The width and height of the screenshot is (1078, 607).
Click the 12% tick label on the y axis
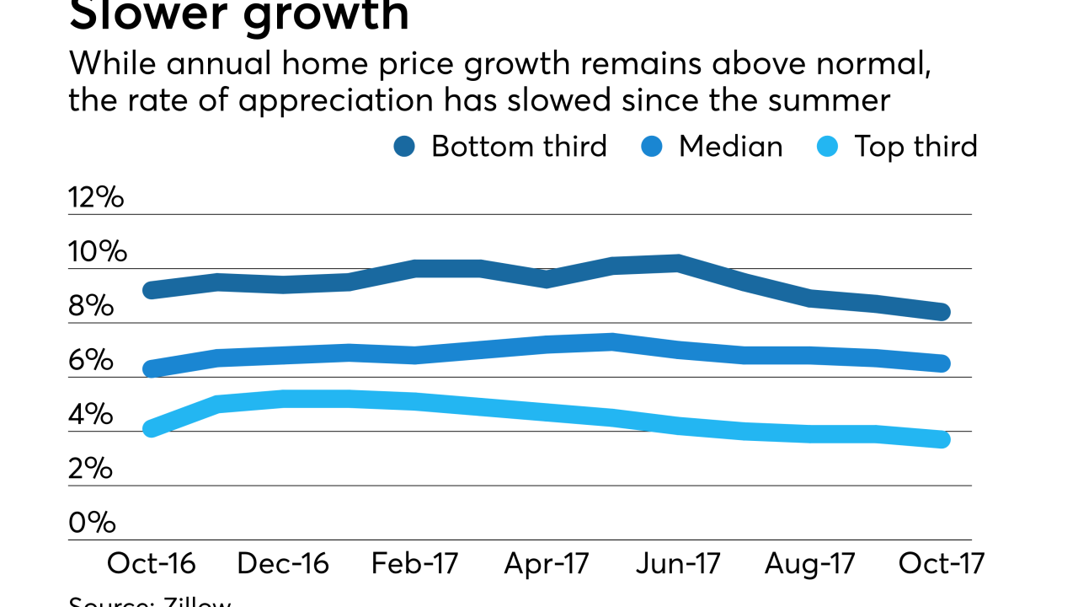pos(96,198)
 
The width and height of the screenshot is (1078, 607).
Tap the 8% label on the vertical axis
pos(91,306)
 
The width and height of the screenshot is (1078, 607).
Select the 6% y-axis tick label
pos(91,361)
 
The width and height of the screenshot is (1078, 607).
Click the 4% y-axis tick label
pos(91,415)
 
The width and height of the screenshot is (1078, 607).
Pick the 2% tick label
pos(91,469)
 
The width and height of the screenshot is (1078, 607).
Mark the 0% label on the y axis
pos(91,523)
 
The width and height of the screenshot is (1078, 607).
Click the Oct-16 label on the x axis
pos(151,563)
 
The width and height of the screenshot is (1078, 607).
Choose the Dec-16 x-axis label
pos(283,563)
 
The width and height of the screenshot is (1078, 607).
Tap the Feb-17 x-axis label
pos(414,563)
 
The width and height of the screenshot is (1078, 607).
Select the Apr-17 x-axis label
pos(547,563)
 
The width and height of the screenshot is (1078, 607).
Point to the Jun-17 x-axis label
pos(678,563)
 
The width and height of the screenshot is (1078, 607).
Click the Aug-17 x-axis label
pos(809,563)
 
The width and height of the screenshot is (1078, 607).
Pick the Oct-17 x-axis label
pos(941,563)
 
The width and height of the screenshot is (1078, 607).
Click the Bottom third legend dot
pos(404,147)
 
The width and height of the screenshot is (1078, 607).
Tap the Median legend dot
pos(652,147)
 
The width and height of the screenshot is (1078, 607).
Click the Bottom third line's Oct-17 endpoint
pos(942,312)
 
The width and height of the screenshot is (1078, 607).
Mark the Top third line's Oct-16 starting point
pos(152,428)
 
